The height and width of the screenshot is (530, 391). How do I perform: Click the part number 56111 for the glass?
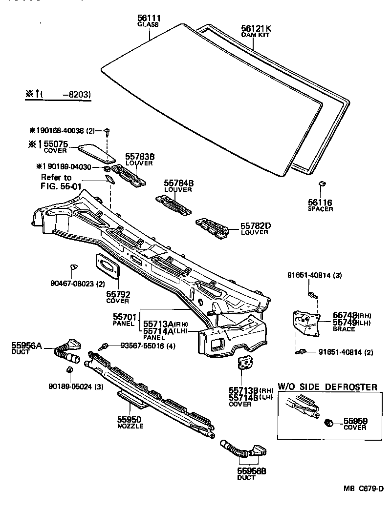point(149,18)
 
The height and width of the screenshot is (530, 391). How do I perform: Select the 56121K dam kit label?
point(256,29)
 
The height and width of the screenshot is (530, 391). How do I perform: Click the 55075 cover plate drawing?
point(97,152)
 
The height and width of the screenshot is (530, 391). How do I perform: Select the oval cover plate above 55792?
point(108,266)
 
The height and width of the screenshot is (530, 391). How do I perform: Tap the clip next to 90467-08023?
point(73,267)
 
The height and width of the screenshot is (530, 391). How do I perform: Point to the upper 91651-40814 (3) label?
point(314,276)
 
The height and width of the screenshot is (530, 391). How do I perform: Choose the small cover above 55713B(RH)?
point(244,363)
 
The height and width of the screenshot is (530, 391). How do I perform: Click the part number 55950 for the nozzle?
point(129,419)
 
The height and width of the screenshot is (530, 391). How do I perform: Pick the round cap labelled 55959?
point(329,422)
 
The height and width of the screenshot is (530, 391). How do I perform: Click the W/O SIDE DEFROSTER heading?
point(327,387)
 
